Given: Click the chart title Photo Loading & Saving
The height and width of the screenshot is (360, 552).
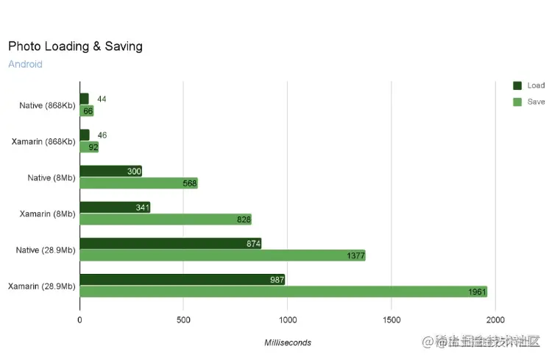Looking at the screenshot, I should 75,46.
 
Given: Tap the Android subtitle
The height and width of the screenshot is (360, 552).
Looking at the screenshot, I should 25,64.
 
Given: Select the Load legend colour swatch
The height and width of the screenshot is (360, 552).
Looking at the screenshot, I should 517,85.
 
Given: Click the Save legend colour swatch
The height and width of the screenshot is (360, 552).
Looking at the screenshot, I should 517,102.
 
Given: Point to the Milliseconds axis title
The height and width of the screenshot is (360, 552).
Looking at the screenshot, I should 288,342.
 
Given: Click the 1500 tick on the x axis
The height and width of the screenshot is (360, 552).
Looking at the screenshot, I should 392,320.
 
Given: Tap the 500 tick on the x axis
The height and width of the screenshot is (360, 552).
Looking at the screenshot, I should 183,320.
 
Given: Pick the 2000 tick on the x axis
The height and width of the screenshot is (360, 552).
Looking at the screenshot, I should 495,320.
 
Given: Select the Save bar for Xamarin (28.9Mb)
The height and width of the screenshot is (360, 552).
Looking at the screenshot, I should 283,292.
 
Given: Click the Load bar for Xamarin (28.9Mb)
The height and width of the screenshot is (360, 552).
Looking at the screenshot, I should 182,280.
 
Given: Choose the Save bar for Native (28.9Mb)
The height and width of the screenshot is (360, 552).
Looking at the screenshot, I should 222,255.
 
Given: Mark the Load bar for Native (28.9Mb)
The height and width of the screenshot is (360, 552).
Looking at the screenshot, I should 170,244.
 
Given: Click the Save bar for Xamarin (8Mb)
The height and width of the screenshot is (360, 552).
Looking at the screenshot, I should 166,219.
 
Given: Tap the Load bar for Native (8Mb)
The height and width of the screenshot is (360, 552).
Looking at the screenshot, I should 110,172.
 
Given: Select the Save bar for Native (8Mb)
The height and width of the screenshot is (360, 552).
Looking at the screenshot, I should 138,183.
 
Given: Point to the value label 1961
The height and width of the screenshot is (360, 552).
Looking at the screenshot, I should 477,292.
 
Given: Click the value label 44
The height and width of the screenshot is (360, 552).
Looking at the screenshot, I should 102,99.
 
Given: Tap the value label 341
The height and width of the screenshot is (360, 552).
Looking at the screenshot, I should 143,208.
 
